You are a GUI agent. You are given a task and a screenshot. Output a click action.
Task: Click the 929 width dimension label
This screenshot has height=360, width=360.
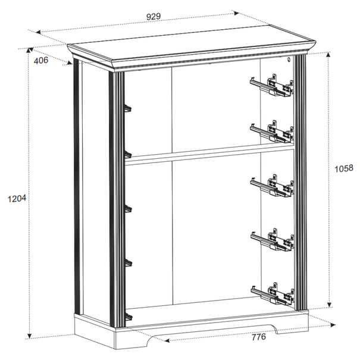154,17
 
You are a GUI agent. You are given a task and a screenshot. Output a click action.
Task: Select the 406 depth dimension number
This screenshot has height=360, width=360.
41,60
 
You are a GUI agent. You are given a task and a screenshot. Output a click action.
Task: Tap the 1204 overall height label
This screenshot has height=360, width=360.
17,199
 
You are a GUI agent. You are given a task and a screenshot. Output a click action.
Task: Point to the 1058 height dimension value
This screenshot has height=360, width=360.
344,169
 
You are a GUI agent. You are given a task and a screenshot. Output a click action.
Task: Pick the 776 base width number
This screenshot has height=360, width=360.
259,337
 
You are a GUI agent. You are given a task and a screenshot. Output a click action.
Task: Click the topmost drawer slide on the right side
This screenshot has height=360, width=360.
272,86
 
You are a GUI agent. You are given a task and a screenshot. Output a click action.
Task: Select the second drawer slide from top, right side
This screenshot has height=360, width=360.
272,132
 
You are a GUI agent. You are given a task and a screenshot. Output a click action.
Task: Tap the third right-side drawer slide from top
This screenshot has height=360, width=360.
272,186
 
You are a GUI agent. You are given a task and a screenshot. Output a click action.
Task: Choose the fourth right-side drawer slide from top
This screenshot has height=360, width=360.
272,240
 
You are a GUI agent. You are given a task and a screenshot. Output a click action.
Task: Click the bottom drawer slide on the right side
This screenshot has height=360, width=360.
272,294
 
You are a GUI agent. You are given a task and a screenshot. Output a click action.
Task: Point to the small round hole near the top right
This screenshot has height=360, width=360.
289,60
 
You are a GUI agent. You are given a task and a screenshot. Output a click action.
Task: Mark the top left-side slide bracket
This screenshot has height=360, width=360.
128,109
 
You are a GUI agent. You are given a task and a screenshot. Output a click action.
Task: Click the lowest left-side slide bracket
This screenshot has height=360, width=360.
129,317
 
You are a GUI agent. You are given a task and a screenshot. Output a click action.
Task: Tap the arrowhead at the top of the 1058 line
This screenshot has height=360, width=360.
328,54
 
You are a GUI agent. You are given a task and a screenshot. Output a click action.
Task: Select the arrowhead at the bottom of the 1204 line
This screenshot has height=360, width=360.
29,336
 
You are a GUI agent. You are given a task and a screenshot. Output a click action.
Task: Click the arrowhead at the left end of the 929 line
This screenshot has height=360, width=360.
38,32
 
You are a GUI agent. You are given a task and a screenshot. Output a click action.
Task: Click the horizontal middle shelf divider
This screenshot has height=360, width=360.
210,154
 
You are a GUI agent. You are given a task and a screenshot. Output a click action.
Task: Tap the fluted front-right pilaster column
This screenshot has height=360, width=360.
300,183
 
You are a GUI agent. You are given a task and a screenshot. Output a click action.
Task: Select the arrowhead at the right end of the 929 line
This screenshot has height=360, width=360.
236,13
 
